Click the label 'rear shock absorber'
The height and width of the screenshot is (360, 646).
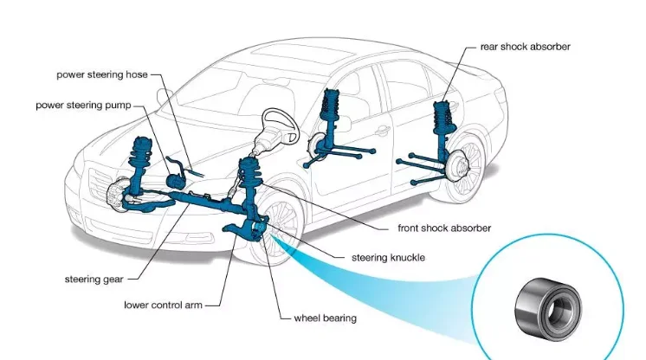click(525, 47)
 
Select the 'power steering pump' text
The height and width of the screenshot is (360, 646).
click(83, 105)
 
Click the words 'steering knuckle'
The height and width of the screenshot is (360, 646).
click(388, 258)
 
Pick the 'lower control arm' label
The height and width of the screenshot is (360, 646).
click(164, 305)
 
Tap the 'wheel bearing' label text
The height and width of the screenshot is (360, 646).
click(324, 318)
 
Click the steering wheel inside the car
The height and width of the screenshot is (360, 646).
click(282, 125)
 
